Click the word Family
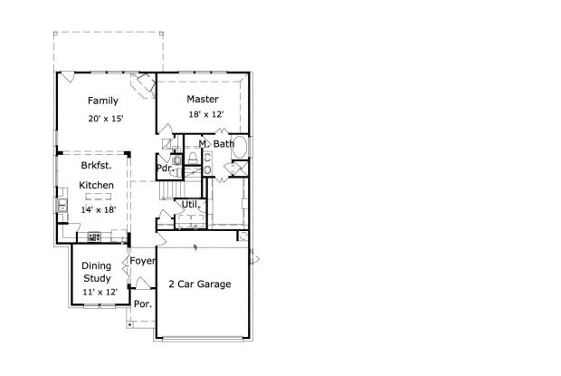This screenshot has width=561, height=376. point(102,101)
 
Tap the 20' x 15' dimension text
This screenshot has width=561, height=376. point(105,119)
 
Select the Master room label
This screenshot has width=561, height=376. point(204,99)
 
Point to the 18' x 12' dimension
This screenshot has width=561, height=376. point(205,115)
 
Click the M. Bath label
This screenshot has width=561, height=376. point(217,144)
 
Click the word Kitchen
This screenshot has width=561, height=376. point(96,186)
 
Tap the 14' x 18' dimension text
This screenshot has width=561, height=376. point(98,209)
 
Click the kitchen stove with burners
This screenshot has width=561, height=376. point(93,236)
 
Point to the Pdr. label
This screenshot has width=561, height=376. point(165,168)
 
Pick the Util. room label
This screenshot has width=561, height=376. point(189,205)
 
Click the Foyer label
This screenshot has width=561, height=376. point(143,262)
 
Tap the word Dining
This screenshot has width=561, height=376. point(97,266)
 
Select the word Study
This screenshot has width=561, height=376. point(97,280)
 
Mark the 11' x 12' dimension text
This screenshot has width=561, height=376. point(100,293)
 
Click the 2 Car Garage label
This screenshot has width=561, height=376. point(200,284)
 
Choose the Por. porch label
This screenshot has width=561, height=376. point(142,304)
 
